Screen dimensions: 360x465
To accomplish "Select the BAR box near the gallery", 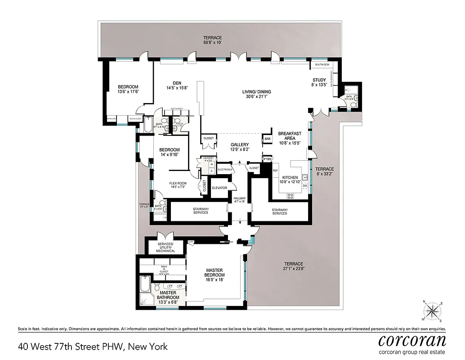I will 268,139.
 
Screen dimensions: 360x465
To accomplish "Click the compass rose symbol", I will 432,310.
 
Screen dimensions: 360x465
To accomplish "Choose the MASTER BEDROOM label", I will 214,273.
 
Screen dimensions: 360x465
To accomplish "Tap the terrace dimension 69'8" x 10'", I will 212,42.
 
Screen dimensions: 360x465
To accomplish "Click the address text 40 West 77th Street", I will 93,346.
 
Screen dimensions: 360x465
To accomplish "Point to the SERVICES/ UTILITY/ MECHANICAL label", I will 165,247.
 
